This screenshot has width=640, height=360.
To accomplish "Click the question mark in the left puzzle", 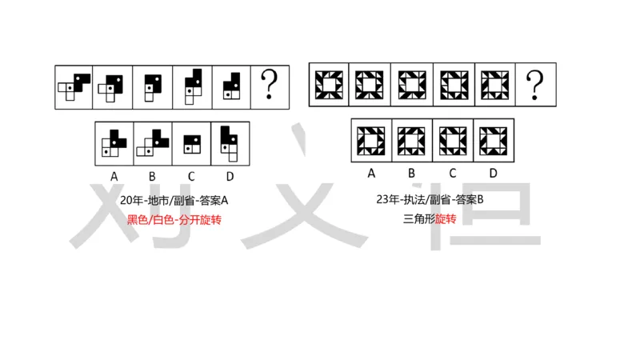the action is click(x=271, y=85).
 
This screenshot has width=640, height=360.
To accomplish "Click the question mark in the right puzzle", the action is click(x=535, y=84).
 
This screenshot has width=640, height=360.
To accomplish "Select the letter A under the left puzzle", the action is click(x=114, y=175).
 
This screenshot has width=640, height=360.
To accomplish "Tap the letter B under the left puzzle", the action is click(x=153, y=175).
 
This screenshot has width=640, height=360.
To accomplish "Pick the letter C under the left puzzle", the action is click(x=192, y=175).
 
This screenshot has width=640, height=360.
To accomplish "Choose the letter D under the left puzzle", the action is click(x=230, y=175).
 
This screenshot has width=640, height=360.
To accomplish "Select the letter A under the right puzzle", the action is click(x=370, y=173).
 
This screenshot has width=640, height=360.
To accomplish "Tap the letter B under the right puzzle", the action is click(x=411, y=173).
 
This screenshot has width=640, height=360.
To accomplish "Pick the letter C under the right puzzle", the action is click(x=452, y=173).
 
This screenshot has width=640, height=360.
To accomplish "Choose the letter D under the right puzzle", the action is click(x=493, y=173).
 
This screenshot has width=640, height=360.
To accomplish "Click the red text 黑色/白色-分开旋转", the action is click(x=174, y=219).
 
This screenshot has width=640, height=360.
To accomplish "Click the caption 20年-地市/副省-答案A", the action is click(x=174, y=200).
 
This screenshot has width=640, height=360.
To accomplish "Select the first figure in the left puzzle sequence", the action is click(x=74, y=86).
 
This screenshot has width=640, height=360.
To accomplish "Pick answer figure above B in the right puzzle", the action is click(x=411, y=140).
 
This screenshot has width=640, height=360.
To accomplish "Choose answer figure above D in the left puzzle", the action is click(x=230, y=142).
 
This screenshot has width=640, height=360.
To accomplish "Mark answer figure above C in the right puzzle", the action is click(x=452, y=140).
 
